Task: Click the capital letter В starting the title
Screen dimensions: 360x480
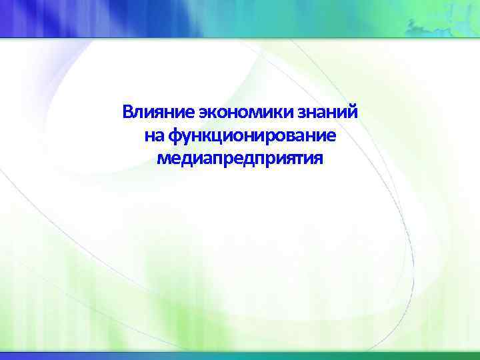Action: click(127, 111)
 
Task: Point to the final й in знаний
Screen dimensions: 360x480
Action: click(353, 111)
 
